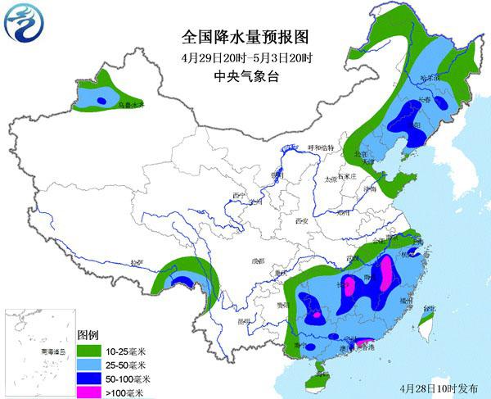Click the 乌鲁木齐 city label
(x=130, y=106)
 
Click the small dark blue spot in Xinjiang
(x=101, y=100)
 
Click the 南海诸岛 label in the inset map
(x=38, y=350)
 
